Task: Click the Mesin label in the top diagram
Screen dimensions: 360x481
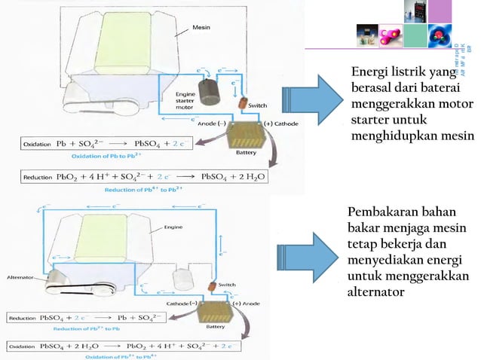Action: point(201,27)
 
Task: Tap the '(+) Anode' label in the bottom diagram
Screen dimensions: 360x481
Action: point(248,302)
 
